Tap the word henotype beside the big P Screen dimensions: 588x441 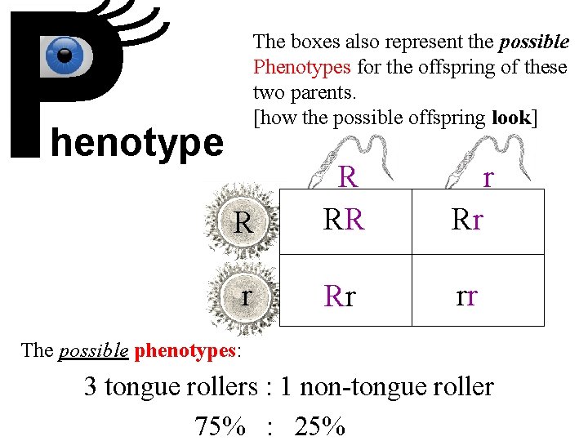(x=137, y=143)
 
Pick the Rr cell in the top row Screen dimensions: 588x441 (x=466, y=220)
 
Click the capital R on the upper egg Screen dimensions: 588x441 (x=243, y=223)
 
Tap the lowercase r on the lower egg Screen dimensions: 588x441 (x=246, y=295)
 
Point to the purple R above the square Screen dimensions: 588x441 (x=348, y=177)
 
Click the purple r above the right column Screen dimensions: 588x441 (x=488, y=177)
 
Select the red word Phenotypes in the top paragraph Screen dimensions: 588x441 (x=299, y=67)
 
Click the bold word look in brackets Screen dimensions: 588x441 (x=511, y=118)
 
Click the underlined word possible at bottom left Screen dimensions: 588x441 (x=94, y=351)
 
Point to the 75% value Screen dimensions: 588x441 (x=220, y=425)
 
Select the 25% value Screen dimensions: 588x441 (x=320, y=425)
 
